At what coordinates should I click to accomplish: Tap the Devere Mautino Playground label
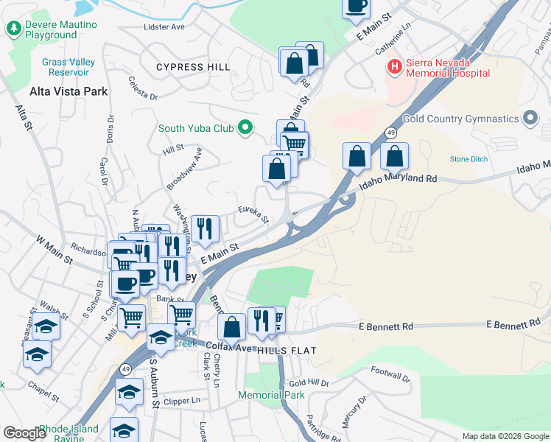click(x=51, y=29)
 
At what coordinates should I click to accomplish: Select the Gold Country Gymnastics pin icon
click(x=530, y=119)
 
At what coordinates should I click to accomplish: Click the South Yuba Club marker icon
click(x=246, y=128)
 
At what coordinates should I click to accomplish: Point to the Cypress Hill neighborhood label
click(x=193, y=67)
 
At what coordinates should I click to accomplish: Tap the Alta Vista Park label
click(x=69, y=92)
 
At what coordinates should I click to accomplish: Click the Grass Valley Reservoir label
click(x=69, y=67)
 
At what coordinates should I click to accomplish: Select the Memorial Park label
click(x=271, y=395)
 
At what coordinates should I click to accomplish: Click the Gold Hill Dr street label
click(x=309, y=383)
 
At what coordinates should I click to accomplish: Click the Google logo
click(x=24, y=433)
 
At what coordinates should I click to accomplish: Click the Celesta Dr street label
click(x=143, y=88)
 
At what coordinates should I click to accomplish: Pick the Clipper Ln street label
click(x=183, y=401)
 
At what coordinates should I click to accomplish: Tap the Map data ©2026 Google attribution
click(x=505, y=436)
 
